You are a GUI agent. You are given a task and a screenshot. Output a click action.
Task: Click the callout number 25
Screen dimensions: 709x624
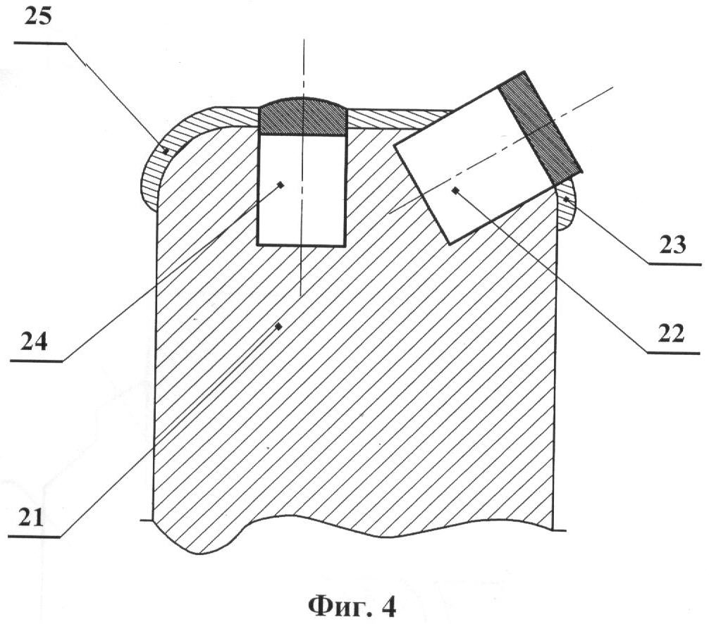pos(38,18)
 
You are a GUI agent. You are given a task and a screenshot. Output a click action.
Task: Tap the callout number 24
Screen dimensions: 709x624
pos(33,340)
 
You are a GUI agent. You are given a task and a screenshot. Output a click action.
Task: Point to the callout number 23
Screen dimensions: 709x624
pos(672,244)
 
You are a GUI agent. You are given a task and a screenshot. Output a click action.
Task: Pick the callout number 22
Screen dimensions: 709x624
pos(672,333)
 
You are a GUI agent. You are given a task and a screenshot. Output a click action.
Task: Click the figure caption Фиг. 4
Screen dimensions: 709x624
pos(352,607)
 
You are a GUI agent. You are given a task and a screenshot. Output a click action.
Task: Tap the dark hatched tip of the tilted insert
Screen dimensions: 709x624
pos(540,129)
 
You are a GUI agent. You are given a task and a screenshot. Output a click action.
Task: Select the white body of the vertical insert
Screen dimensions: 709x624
pos(302,190)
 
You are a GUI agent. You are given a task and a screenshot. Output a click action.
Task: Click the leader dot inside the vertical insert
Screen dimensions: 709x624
pos(280,185)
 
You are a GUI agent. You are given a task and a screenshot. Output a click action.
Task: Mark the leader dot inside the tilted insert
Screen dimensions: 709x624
pos(455,190)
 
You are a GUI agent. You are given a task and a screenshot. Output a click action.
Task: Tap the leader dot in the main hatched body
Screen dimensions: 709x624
pos(279,326)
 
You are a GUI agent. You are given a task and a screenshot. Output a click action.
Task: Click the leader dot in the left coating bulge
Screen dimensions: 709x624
pos(166,151)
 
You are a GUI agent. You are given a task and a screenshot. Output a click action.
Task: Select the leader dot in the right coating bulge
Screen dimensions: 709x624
pos(565,199)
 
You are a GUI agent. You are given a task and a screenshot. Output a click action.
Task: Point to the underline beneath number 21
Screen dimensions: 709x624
pos(35,537)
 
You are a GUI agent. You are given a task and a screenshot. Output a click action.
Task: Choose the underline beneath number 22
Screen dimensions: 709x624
pos(673,352)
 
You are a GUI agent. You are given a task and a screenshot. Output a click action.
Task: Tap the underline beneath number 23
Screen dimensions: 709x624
pos(674,263)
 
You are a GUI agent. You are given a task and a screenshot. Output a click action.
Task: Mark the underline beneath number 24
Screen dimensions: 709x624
pos(36,361)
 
